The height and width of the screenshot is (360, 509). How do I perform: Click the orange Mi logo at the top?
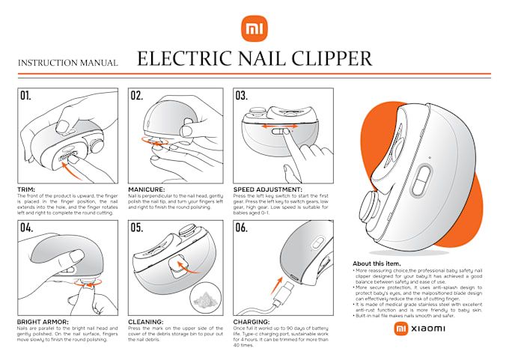(254, 31)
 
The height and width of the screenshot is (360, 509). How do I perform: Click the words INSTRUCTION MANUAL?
(67, 64)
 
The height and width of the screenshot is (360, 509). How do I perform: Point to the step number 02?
(136, 97)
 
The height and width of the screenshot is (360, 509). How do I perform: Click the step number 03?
(241, 97)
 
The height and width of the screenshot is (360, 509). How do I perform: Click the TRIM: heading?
(27, 189)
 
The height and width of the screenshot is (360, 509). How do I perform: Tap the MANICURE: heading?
(147, 189)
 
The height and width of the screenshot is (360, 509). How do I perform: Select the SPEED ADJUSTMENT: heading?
(267, 189)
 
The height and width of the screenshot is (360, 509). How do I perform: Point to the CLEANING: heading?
(145, 321)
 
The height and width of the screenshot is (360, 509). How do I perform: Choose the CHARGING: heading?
(252, 321)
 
